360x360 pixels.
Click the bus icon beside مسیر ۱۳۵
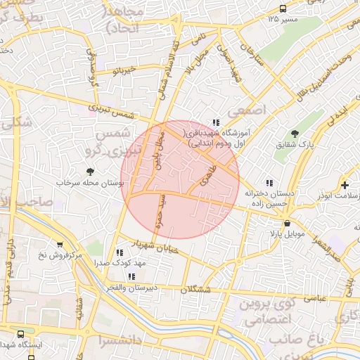(x=283, y=8)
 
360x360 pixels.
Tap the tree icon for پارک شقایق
(x=295, y=134)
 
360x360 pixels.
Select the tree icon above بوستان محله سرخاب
(x=89, y=171)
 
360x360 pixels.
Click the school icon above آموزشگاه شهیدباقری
(x=216, y=122)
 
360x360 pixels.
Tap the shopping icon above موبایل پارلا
(x=287, y=223)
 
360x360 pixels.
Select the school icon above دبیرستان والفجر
(x=131, y=276)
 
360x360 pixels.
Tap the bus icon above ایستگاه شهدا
(x=21, y=335)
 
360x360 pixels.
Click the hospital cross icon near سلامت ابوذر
(x=345, y=185)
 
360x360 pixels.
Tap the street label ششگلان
(x=194, y=289)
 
